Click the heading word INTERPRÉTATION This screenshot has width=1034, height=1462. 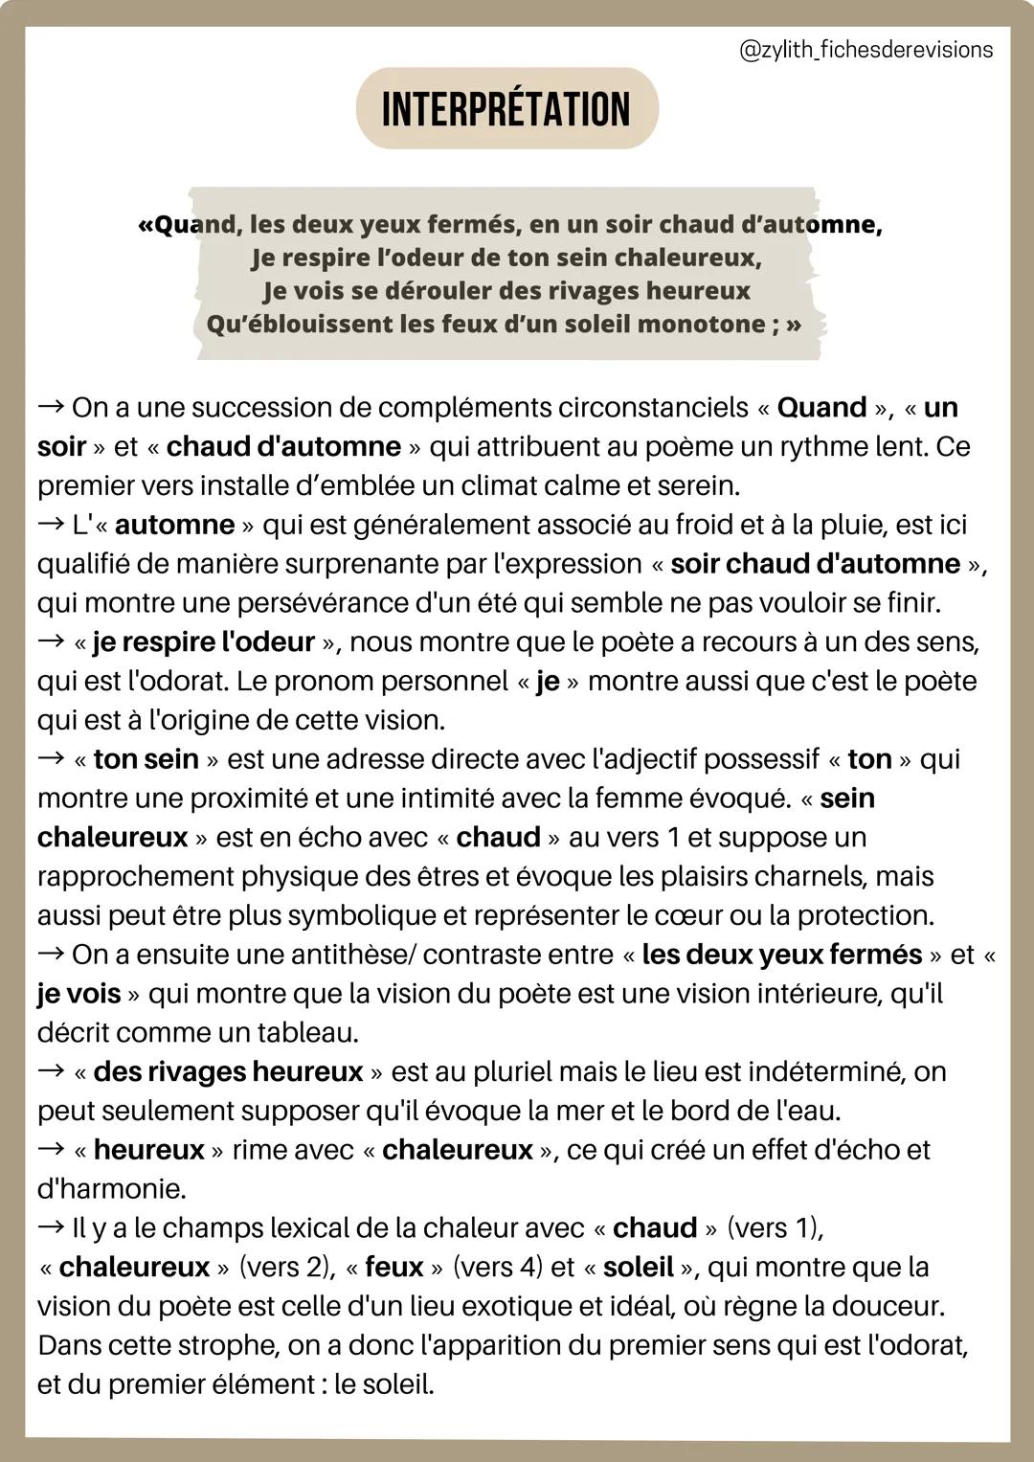pos(506,109)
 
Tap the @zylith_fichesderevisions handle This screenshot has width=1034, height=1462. pos(866,50)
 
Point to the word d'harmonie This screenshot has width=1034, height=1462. pos(111,1189)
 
